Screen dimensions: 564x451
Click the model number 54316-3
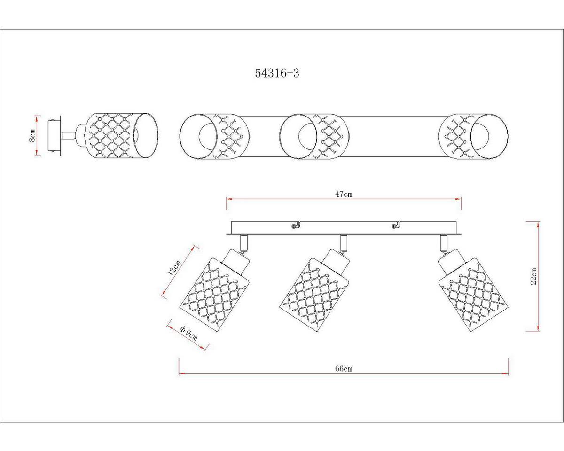coord(277,73)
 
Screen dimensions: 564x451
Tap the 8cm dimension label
coord(32,135)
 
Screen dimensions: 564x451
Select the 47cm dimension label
coord(344,194)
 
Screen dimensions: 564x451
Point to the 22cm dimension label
coord(534,276)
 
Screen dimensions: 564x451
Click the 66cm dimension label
coord(344,369)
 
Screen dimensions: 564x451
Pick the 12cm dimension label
coord(174,268)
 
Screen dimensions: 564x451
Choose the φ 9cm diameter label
coord(188,334)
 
